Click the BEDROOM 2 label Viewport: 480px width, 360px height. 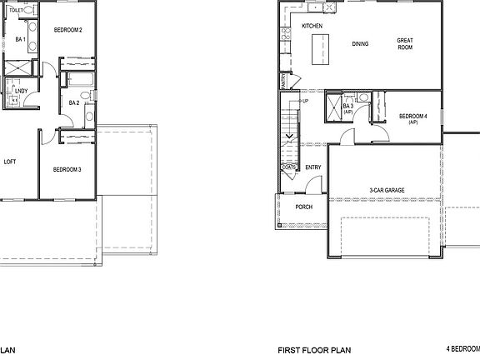[67, 30]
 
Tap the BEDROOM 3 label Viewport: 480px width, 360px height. [67, 170]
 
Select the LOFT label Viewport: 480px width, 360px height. [10, 162]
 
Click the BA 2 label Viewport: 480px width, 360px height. [74, 103]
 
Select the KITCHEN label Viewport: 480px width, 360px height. [312, 27]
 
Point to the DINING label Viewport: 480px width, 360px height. [360, 43]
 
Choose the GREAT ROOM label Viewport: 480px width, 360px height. [405, 43]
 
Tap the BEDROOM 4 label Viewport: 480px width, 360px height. [412, 117]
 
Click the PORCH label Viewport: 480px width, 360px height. [304, 207]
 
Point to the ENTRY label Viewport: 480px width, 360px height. [313, 167]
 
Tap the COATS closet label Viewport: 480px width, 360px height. [289, 167]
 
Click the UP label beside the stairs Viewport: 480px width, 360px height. [306, 101]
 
